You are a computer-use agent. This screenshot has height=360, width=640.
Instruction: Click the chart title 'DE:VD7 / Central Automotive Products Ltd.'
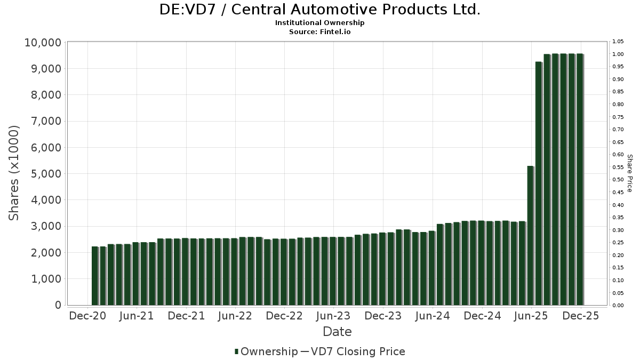point(319,10)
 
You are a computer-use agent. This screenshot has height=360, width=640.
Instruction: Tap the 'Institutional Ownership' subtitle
point(319,23)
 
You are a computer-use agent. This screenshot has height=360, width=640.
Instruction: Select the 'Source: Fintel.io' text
point(319,31)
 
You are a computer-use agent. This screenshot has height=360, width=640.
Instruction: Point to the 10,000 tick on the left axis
point(43,43)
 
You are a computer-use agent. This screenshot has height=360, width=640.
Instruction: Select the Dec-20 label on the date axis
point(87,316)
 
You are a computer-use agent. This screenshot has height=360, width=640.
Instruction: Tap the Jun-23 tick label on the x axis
point(333,316)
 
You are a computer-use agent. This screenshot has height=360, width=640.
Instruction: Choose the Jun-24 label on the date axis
point(432,316)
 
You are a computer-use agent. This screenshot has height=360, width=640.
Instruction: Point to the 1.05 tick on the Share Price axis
point(618,42)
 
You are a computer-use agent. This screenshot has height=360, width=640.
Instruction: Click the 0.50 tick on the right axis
point(618,180)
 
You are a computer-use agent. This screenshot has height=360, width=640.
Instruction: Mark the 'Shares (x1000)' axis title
point(14,173)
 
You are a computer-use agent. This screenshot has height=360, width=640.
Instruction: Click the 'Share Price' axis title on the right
point(629,173)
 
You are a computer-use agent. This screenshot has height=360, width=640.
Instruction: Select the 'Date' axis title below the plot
point(337,332)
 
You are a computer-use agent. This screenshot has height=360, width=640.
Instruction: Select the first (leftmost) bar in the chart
point(95,276)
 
